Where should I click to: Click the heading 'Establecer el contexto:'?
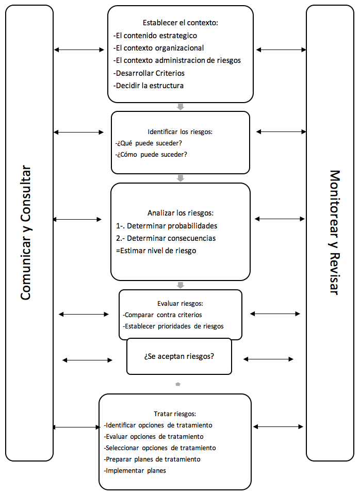pyautogui.click(x=181, y=23)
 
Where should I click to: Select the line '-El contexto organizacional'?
pyautogui.click(x=158, y=48)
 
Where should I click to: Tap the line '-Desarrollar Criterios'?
pyautogui.click(x=149, y=73)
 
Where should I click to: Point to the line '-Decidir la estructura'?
pyautogui.click(x=149, y=86)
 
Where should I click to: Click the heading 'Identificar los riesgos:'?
pyautogui.click(x=180, y=131)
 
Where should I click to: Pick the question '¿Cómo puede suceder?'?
pyautogui.click(x=151, y=154)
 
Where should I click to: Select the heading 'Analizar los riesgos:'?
pyautogui.click(x=181, y=213)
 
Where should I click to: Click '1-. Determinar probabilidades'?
pyautogui.click(x=167, y=226)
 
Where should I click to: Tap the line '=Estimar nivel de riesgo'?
pyautogui.click(x=156, y=251)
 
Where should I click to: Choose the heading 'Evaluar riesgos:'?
pyautogui.click(x=180, y=303)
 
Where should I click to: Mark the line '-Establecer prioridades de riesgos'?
pyautogui.click(x=173, y=326)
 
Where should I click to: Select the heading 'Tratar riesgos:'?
pyautogui.click(x=175, y=414)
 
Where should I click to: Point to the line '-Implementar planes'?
pyautogui.click(x=135, y=470)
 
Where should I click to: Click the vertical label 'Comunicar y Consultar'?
pyautogui.click(x=26, y=233)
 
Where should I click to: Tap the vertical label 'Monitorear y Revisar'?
pyautogui.click(x=334, y=233)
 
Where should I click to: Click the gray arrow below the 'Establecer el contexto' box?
pyautogui.click(x=181, y=107)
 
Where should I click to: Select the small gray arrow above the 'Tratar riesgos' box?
pyautogui.click(x=178, y=384)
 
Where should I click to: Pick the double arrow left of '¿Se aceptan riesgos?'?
pyautogui.click(x=87, y=360)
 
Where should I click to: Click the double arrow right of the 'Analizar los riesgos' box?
pyautogui.click(x=280, y=219)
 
